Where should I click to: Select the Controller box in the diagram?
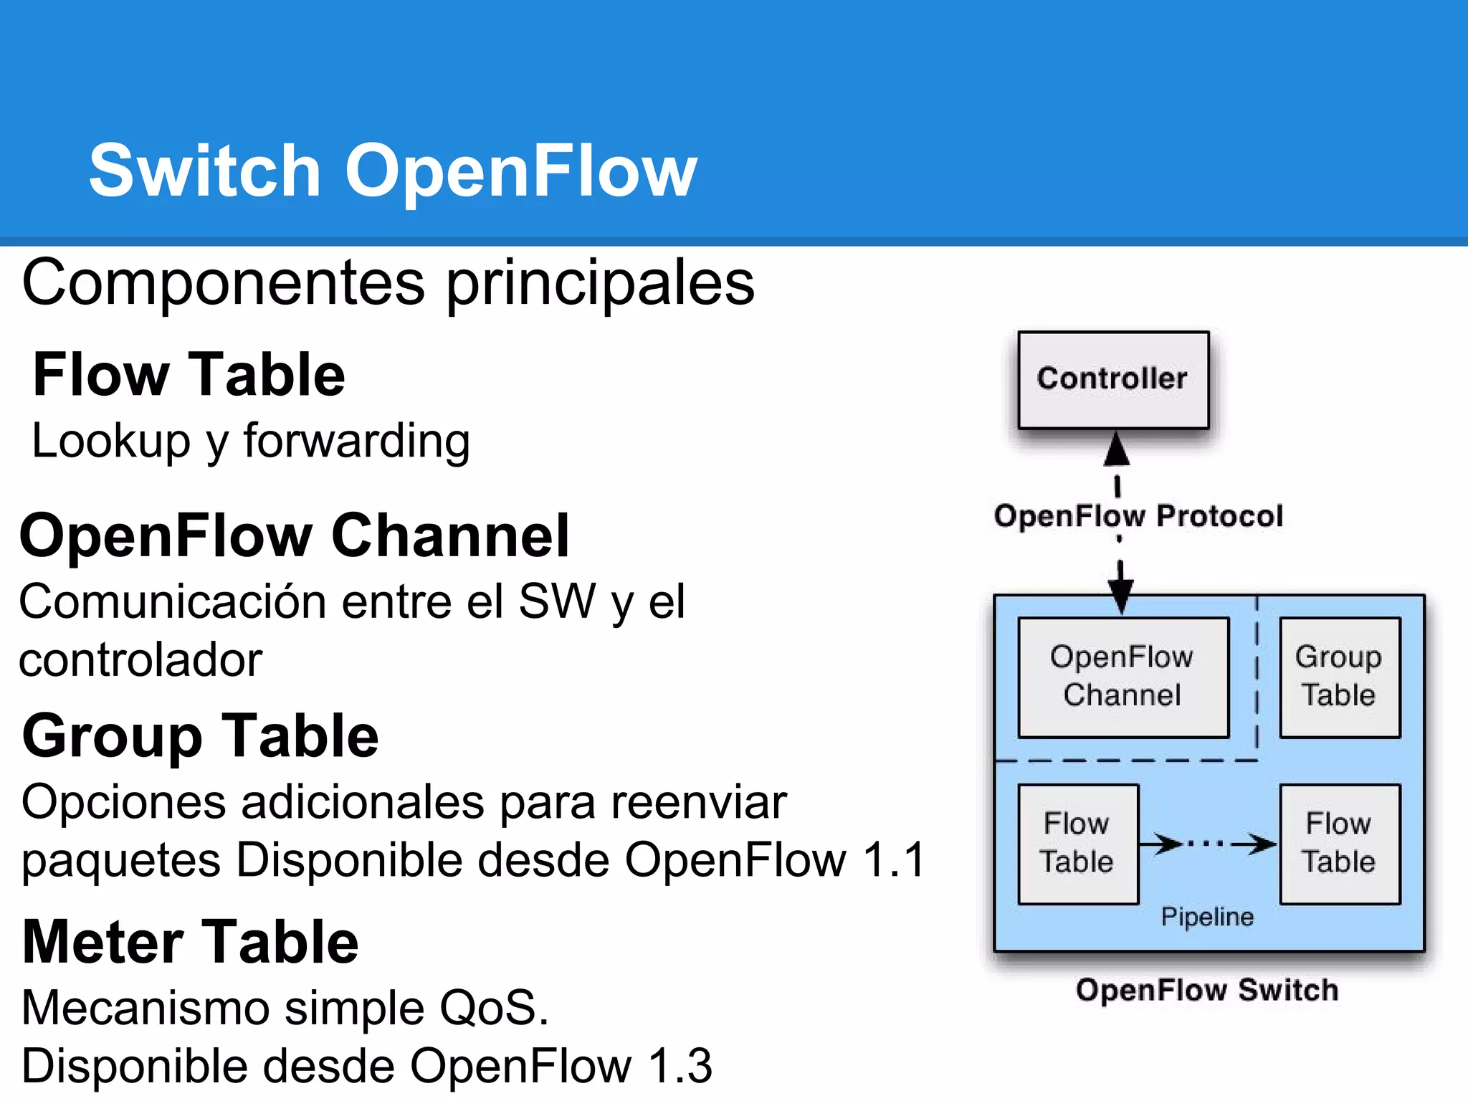(x=1112, y=380)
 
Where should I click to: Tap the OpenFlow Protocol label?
(x=1138, y=516)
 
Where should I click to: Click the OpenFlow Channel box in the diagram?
(x=1123, y=677)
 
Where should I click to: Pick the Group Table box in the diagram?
(x=1339, y=677)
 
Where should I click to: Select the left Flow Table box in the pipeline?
(x=1077, y=843)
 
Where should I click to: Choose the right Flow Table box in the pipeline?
(x=1339, y=843)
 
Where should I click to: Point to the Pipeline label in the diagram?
(x=1207, y=917)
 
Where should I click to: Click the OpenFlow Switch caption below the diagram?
(x=1207, y=990)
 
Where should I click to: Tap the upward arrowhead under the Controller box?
(x=1117, y=450)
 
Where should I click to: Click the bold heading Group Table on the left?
(x=201, y=736)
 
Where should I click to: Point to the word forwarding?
(x=357, y=441)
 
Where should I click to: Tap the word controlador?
(x=140, y=659)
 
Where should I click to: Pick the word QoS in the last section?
(x=493, y=1008)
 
